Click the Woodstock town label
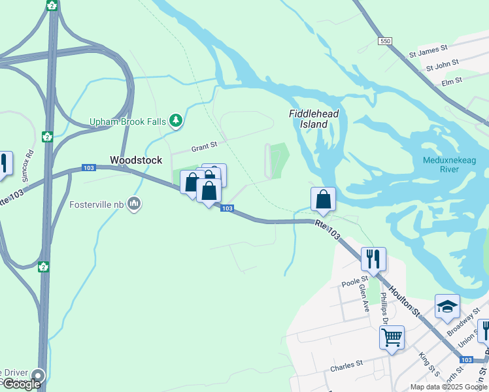pos(136,160)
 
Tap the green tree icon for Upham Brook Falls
pos(175,120)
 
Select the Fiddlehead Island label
pos(314,118)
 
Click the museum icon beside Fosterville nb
pos(135,204)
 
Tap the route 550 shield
pos(385,41)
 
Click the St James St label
pos(428,48)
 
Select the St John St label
pos(443,66)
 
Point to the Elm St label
pos(452,81)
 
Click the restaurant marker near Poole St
pos(373,258)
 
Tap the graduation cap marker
pos(447,306)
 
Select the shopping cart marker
pos(392,337)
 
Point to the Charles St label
pos(346,365)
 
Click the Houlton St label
pos(403,298)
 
